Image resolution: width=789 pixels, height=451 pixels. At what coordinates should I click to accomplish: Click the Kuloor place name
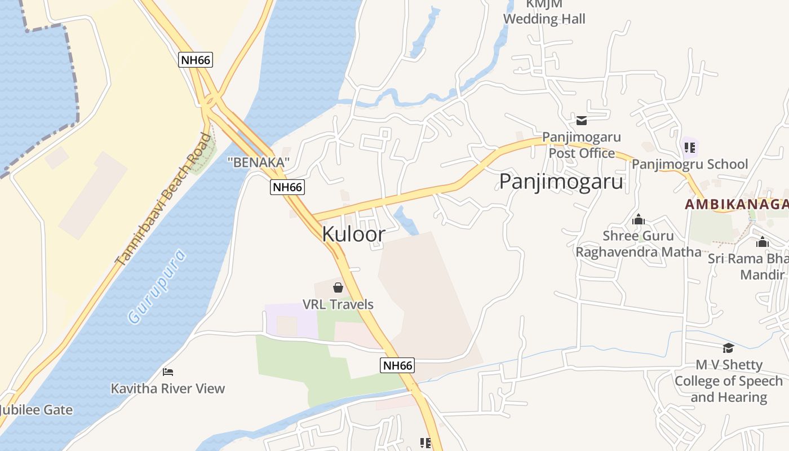353,234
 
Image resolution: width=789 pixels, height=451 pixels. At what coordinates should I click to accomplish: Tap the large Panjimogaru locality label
561,182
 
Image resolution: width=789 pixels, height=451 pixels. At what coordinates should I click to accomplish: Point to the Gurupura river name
157,286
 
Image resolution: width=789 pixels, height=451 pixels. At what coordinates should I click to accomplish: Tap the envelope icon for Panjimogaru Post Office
582,120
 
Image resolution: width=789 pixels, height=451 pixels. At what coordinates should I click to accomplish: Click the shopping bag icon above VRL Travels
338,288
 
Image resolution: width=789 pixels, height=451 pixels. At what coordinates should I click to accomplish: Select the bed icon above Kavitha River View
168,372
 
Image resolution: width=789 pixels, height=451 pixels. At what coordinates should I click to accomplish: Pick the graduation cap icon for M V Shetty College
728,348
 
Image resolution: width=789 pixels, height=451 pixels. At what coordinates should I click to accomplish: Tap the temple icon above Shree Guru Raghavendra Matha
639,219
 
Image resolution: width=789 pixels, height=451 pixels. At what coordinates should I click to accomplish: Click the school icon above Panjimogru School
689,148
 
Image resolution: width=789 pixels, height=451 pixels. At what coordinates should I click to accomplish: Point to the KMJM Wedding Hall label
544,12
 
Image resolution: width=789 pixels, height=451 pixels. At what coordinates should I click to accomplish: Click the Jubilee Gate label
37,410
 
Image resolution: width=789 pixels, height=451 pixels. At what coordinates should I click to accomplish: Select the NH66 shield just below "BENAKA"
287,187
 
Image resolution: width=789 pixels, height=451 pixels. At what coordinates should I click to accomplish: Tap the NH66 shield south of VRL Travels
397,365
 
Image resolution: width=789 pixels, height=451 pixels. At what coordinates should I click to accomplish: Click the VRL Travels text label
338,304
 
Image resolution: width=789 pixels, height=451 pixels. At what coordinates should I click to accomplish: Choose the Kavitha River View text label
168,388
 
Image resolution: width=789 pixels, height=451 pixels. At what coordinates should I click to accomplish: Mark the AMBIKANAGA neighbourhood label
736,204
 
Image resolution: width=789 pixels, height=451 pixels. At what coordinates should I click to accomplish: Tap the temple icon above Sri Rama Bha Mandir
763,242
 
